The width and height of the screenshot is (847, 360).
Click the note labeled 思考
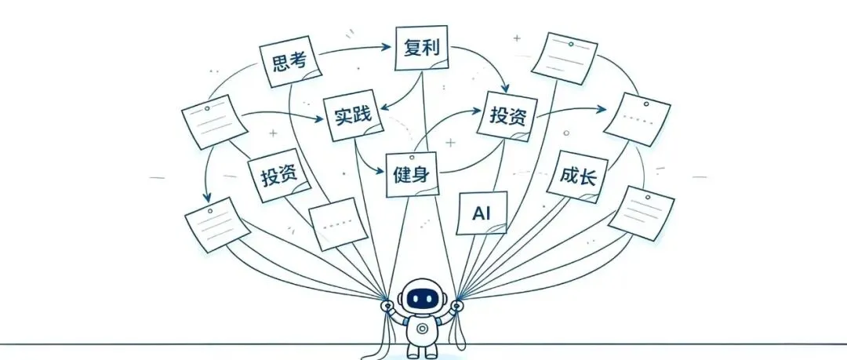[x=290, y=61]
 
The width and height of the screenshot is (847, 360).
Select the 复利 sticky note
[x=422, y=48]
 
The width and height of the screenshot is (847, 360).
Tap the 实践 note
[x=354, y=115]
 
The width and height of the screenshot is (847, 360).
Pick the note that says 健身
[x=412, y=174]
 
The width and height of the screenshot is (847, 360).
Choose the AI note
[x=482, y=213]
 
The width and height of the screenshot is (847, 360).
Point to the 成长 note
[x=577, y=176]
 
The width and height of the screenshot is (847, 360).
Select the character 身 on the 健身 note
[x=422, y=175]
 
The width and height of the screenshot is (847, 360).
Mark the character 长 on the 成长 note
[x=587, y=178]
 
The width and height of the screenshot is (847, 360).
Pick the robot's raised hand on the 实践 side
[x=387, y=307]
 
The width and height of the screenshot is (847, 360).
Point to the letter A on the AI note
[x=478, y=214]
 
